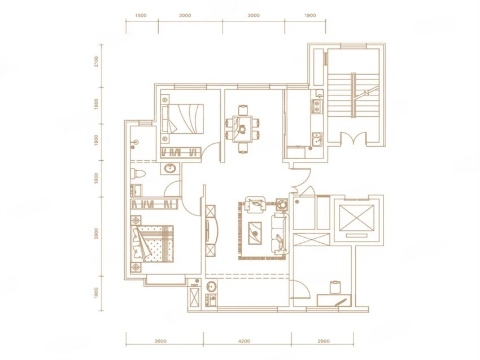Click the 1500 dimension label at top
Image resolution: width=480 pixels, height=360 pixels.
(x=141, y=16)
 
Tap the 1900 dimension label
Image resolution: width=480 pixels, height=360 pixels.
(x=310, y=16)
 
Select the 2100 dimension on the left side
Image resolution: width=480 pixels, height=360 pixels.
(x=97, y=62)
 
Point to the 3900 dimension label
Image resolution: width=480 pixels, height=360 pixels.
(x=97, y=234)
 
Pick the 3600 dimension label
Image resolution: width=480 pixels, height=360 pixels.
(x=160, y=341)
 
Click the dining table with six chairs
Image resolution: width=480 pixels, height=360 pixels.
(x=243, y=129)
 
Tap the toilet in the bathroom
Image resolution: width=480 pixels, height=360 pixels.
(x=138, y=174)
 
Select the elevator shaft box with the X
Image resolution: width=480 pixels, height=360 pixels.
(x=357, y=218)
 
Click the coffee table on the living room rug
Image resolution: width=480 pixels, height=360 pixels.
(x=255, y=233)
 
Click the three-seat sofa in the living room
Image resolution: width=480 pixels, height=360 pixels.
(x=280, y=234)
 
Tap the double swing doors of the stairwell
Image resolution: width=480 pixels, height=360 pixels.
(x=354, y=138)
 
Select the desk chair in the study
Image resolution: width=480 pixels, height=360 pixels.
(x=335, y=287)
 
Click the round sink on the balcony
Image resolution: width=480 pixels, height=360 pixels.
(x=211, y=287)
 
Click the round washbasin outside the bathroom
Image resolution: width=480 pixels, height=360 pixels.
(x=170, y=168)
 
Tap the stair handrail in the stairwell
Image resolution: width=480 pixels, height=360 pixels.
(x=354, y=95)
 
